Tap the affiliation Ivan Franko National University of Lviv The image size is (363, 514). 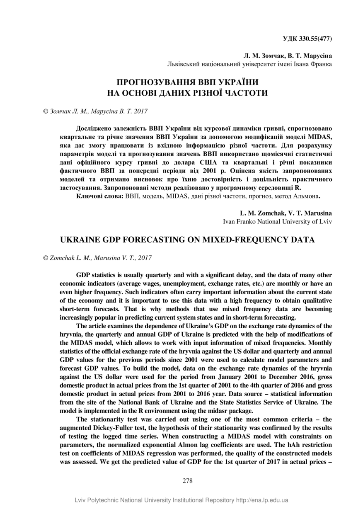click(277, 221)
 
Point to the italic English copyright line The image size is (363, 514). click(97, 258)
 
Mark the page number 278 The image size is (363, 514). click(187, 481)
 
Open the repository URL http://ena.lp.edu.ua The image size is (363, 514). click(262, 500)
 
